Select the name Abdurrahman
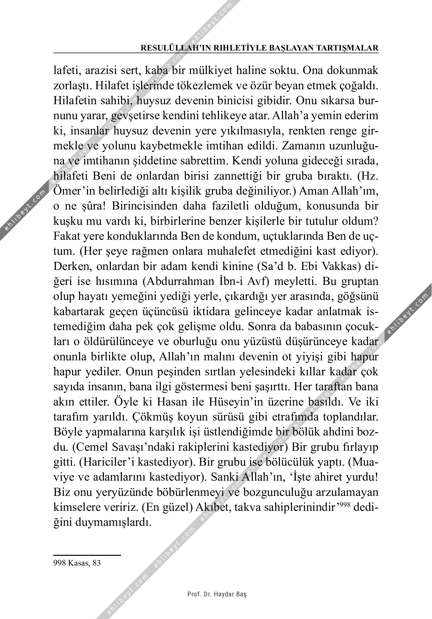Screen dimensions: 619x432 pos(165,281)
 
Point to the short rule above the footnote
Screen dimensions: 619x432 pos(87,555)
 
